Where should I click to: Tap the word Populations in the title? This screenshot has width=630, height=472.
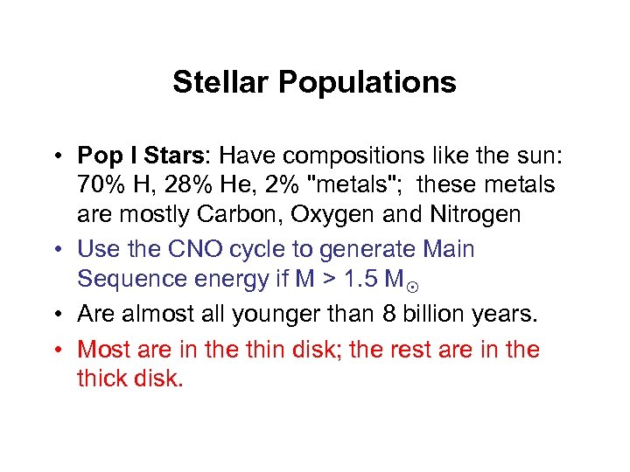coord(367,83)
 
